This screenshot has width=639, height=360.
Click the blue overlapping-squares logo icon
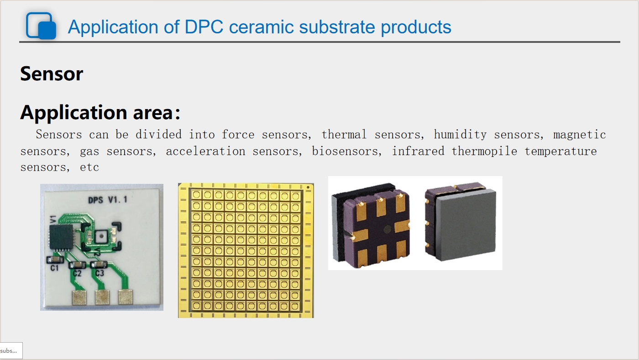pyautogui.click(x=41, y=26)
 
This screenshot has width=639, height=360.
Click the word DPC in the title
pyautogui.click(x=204, y=27)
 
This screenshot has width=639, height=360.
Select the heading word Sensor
pyautogui.click(x=52, y=73)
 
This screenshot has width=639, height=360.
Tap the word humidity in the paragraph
pyautogui.click(x=460, y=135)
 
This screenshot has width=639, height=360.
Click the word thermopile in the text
pyautogui.click(x=484, y=151)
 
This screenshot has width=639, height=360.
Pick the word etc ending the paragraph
pyautogui.click(x=89, y=167)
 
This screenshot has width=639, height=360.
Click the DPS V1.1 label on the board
pyautogui.click(x=108, y=200)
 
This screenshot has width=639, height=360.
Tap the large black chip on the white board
pyautogui.click(x=61, y=237)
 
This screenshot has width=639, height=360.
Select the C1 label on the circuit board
pyautogui.click(x=54, y=268)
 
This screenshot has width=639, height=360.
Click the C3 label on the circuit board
pyautogui.click(x=100, y=273)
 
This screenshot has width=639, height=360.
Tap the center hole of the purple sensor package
pyautogui.click(x=387, y=229)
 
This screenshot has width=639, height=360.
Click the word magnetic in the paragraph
pyautogui.click(x=580, y=135)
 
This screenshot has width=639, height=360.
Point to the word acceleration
pyautogui.click(x=206, y=151)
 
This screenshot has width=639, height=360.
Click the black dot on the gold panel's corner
pyautogui.click(x=308, y=188)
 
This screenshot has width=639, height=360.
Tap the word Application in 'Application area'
pyautogui.click(x=73, y=113)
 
